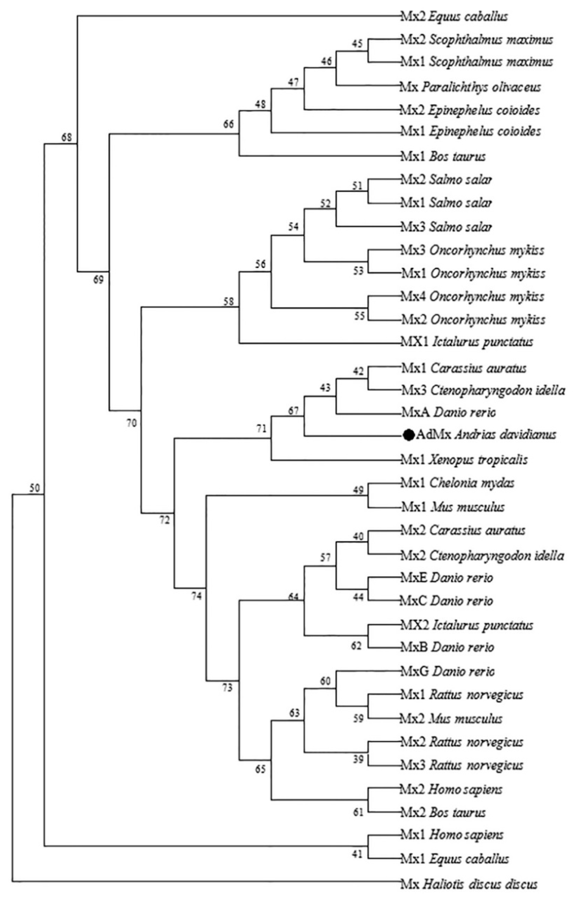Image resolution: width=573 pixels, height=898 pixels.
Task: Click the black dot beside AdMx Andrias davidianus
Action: pyautogui.click(x=409, y=435)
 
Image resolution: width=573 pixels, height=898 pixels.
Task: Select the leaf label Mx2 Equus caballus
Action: pyautogui.click(x=454, y=17)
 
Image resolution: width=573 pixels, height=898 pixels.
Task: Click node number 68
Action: pyautogui.click(x=66, y=137)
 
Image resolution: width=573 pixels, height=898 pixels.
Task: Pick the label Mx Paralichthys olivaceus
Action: pyautogui.click(x=471, y=87)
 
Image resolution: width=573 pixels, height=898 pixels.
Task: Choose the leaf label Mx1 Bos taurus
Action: pyautogui.click(x=443, y=156)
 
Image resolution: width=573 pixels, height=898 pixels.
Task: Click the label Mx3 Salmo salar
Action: pyautogui.click(x=446, y=227)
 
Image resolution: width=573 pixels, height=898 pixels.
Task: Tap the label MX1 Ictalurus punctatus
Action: pyautogui.click(x=467, y=341)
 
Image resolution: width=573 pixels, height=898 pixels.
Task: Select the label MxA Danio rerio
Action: pyautogui.click(x=448, y=413)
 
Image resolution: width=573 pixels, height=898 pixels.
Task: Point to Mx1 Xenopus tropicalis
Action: pyautogui.click(x=464, y=459)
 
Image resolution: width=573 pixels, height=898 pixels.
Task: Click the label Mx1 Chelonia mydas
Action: pyautogui.click(x=457, y=483)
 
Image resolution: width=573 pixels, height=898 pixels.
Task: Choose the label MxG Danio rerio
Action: pyautogui.click(x=448, y=672)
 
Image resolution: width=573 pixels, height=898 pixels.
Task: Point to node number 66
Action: pyautogui.click(x=228, y=124)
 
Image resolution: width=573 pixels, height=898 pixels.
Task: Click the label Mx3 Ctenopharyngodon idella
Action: pyautogui.click(x=483, y=390)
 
